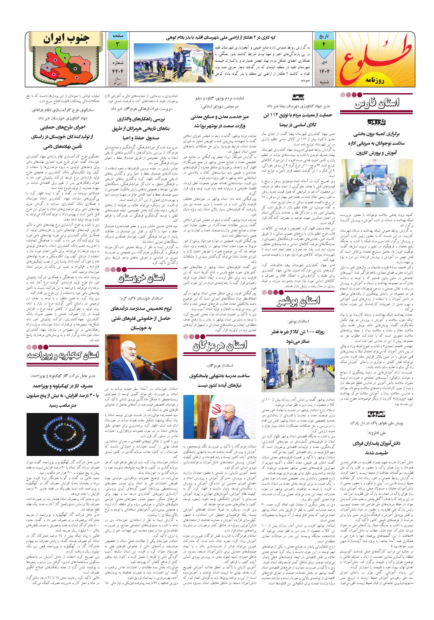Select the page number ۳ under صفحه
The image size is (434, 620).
pos(117,44)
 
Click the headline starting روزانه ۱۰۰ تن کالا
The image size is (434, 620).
pos(298,338)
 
